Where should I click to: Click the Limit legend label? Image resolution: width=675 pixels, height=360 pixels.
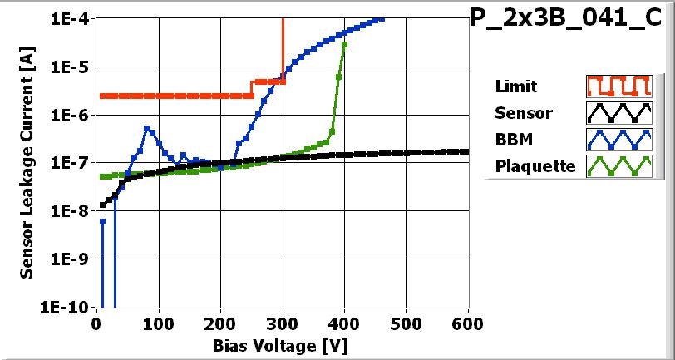[515, 86]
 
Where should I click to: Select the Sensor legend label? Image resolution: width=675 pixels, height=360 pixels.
[523, 113]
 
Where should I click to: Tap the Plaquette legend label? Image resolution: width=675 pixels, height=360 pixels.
[535, 166]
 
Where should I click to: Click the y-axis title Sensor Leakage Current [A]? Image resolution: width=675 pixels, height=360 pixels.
[27, 162]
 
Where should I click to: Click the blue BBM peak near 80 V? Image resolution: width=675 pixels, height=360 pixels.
[147, 128]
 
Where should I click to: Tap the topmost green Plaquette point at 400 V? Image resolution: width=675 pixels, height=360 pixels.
[344, 44]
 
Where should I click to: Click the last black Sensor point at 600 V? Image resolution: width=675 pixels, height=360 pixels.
[466, 151]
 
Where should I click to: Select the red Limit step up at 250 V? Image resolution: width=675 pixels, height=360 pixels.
[252, 89]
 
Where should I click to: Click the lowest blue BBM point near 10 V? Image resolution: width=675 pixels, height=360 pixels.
[102, 221]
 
